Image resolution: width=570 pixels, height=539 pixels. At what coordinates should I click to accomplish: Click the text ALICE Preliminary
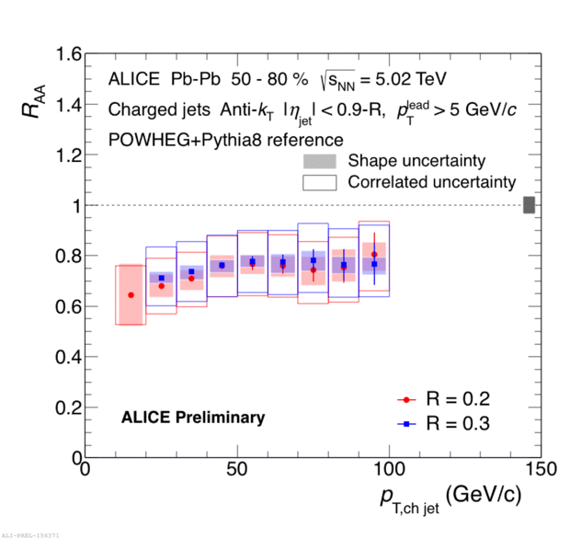(193, 418)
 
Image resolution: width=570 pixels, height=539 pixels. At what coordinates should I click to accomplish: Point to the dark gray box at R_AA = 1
(529, 205)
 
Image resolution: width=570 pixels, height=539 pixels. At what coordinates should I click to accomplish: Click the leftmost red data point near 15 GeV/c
(131, 295)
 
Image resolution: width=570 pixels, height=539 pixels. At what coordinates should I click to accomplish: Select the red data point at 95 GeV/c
(374, 255)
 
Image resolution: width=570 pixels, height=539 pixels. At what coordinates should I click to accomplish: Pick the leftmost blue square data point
(162, 278)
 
